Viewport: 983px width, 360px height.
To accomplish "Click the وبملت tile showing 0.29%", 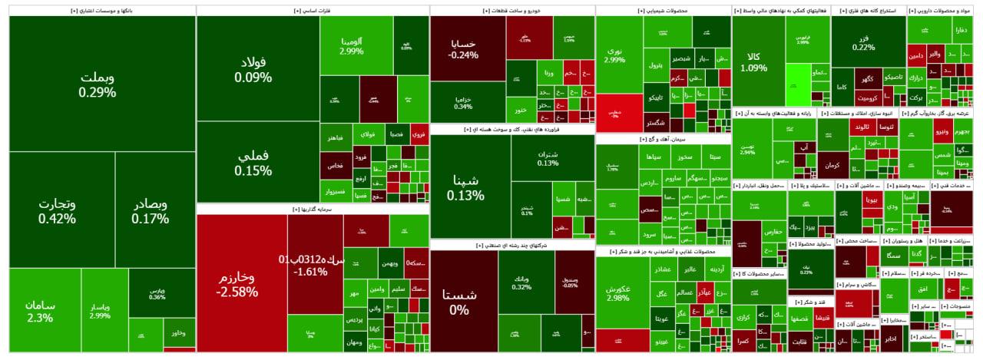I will tap(97, 84).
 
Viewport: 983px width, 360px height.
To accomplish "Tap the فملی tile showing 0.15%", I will tap(253, 161).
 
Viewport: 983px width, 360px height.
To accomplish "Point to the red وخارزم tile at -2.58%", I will tap(240, 284).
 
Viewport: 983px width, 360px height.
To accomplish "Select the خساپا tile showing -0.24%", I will tap(463, 48).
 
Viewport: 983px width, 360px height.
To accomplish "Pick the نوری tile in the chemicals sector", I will tap(614, 54).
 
